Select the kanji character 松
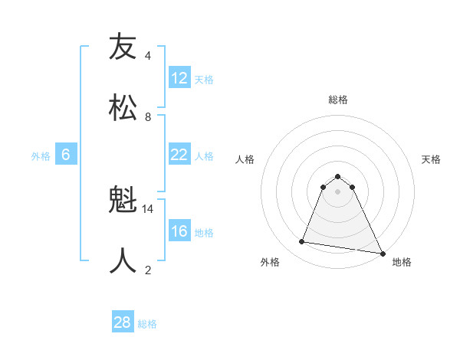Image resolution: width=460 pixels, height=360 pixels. (x=123, y=106)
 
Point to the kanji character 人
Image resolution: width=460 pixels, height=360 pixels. (x=123, y=260)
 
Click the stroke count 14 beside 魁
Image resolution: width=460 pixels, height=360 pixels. (x=149, y=208)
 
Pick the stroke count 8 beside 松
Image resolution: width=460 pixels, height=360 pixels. (x=148, y=116)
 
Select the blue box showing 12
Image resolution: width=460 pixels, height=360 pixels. (x=179, y=78)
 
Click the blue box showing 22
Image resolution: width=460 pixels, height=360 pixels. (x=179, y=155)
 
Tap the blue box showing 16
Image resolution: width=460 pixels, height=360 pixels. (x=179, y=231)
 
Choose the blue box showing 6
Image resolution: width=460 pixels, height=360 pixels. (x=66, y=155)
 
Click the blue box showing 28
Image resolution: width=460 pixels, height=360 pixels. (x=123, y=322)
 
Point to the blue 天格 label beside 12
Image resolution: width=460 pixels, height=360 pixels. (x=204, y=79)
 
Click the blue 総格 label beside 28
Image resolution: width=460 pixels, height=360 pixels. (x=147, y=323)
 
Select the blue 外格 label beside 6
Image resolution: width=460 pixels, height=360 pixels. (x=41, y=155)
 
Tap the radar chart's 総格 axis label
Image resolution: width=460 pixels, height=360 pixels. (x=337, y=100)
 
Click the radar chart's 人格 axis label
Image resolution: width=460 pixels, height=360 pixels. (x=245, y=159)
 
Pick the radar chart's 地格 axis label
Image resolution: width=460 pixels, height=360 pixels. (x=402, y=262)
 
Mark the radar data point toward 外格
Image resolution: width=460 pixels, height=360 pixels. (x=301, y=242)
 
